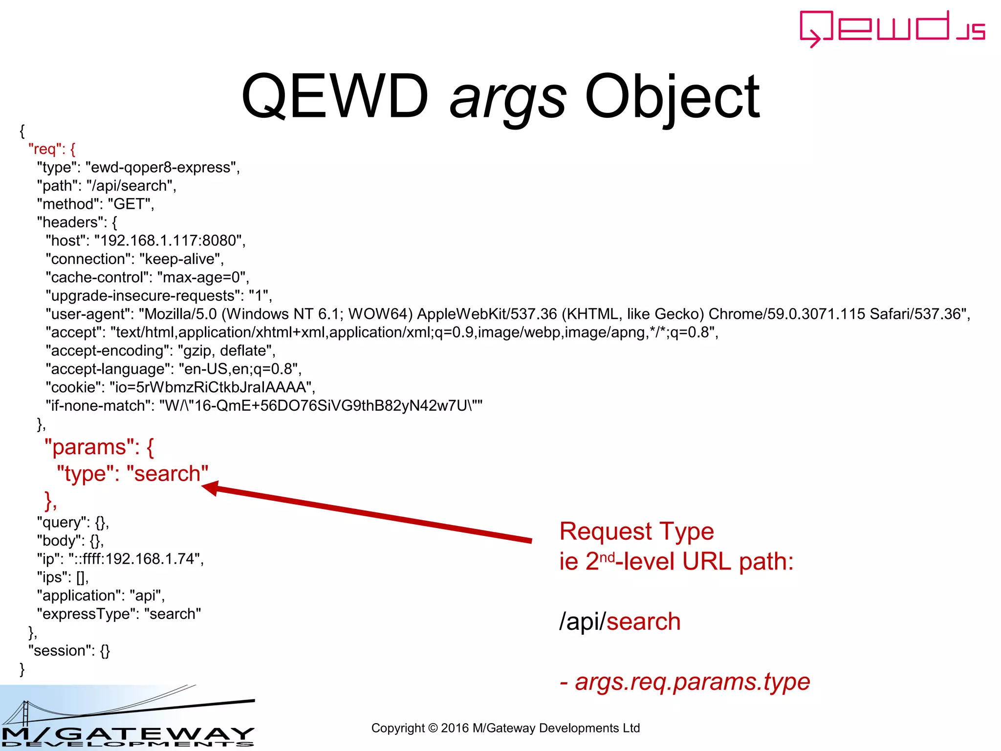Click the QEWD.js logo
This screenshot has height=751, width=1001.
click(892, 28)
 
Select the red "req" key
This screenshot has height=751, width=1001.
click(46, 149)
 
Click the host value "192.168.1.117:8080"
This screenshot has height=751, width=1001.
click(168, 241)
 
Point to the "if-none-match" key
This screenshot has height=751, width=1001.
click(98, 406)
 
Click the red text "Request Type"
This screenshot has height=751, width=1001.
click(636, 531)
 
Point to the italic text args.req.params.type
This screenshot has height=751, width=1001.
click(692, 682)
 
